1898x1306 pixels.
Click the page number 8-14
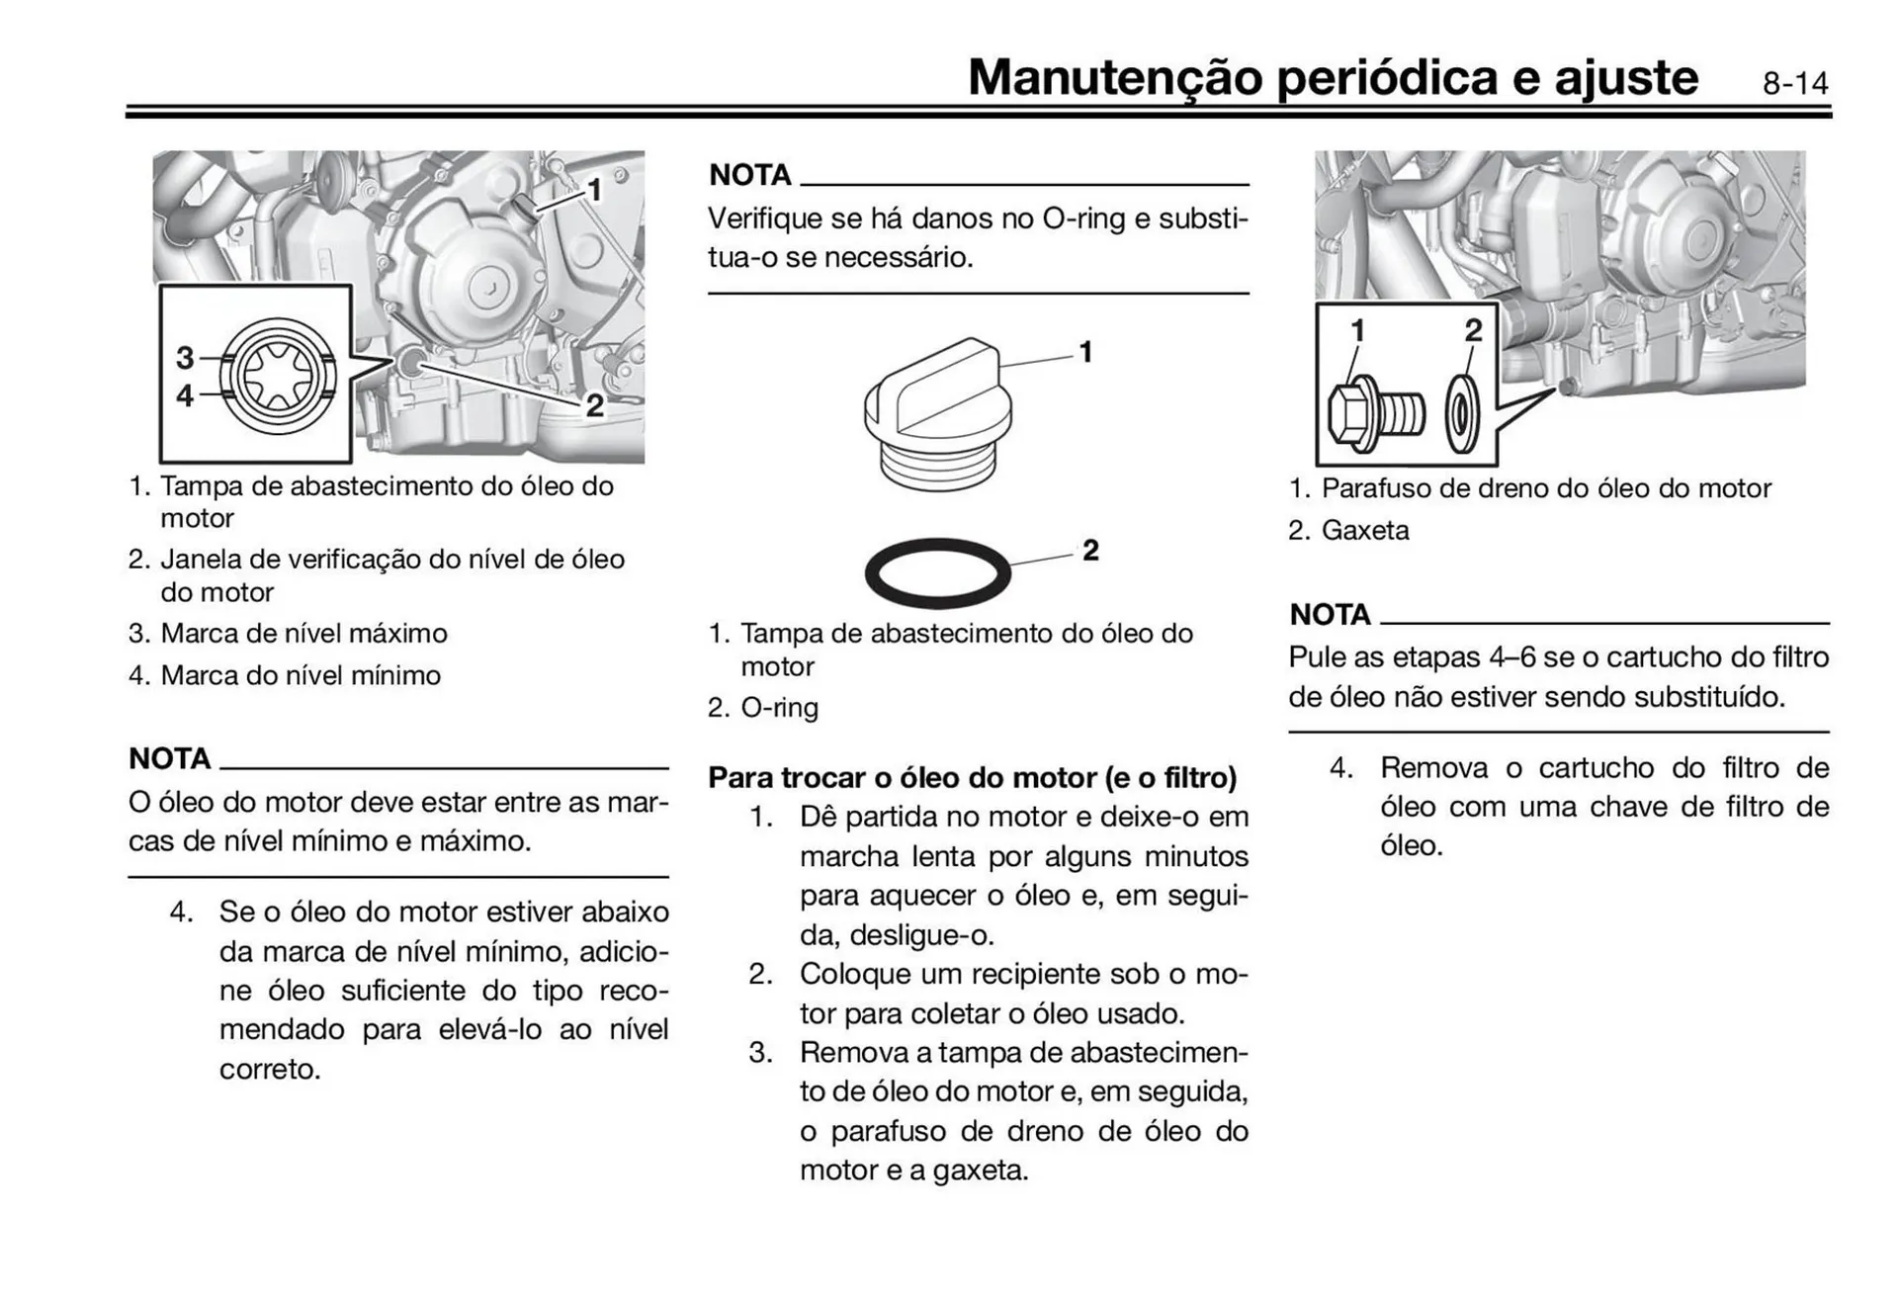1794,83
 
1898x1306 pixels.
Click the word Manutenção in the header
1114,77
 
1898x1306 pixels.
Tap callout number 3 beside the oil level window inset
185,357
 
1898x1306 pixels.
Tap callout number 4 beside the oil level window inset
185,395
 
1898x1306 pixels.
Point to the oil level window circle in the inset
278,376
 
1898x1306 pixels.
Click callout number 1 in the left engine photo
594,189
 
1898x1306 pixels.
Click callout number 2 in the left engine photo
594,404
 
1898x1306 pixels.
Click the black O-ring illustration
937,572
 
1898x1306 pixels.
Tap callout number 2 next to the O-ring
1090,550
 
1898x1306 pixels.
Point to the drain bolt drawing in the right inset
1373,413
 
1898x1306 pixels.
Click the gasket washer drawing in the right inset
1462,414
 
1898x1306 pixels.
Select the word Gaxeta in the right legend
1364,531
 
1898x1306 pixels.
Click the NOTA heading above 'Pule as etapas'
1330,615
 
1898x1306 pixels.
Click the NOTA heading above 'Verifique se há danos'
750,175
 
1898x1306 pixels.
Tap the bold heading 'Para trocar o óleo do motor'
972,778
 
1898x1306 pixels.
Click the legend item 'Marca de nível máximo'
303,634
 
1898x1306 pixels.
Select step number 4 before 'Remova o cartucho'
1340,768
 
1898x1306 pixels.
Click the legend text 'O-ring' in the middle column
779,708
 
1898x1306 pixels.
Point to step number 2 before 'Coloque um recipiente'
759,974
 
